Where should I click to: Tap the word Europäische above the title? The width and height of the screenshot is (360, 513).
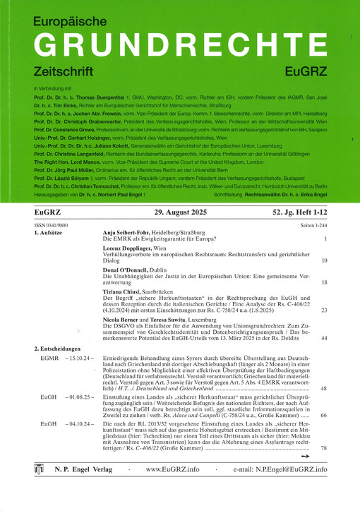76,20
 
